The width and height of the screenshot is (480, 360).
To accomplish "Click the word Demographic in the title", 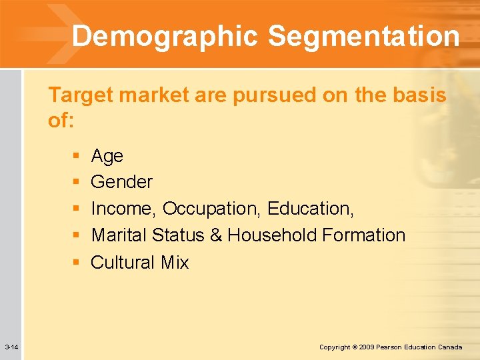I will point(165,36).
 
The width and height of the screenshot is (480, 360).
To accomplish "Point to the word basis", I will point(417,95).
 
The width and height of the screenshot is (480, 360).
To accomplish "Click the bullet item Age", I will point(107,156).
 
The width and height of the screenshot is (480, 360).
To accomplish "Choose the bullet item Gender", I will point(121,182).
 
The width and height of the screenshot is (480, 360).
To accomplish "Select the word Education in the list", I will point(309,209).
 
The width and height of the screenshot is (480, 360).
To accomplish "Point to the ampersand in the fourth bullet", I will point(215,235).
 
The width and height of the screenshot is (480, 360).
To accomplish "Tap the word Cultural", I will point(122,262).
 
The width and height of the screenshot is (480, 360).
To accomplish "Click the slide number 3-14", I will point(11,347).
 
